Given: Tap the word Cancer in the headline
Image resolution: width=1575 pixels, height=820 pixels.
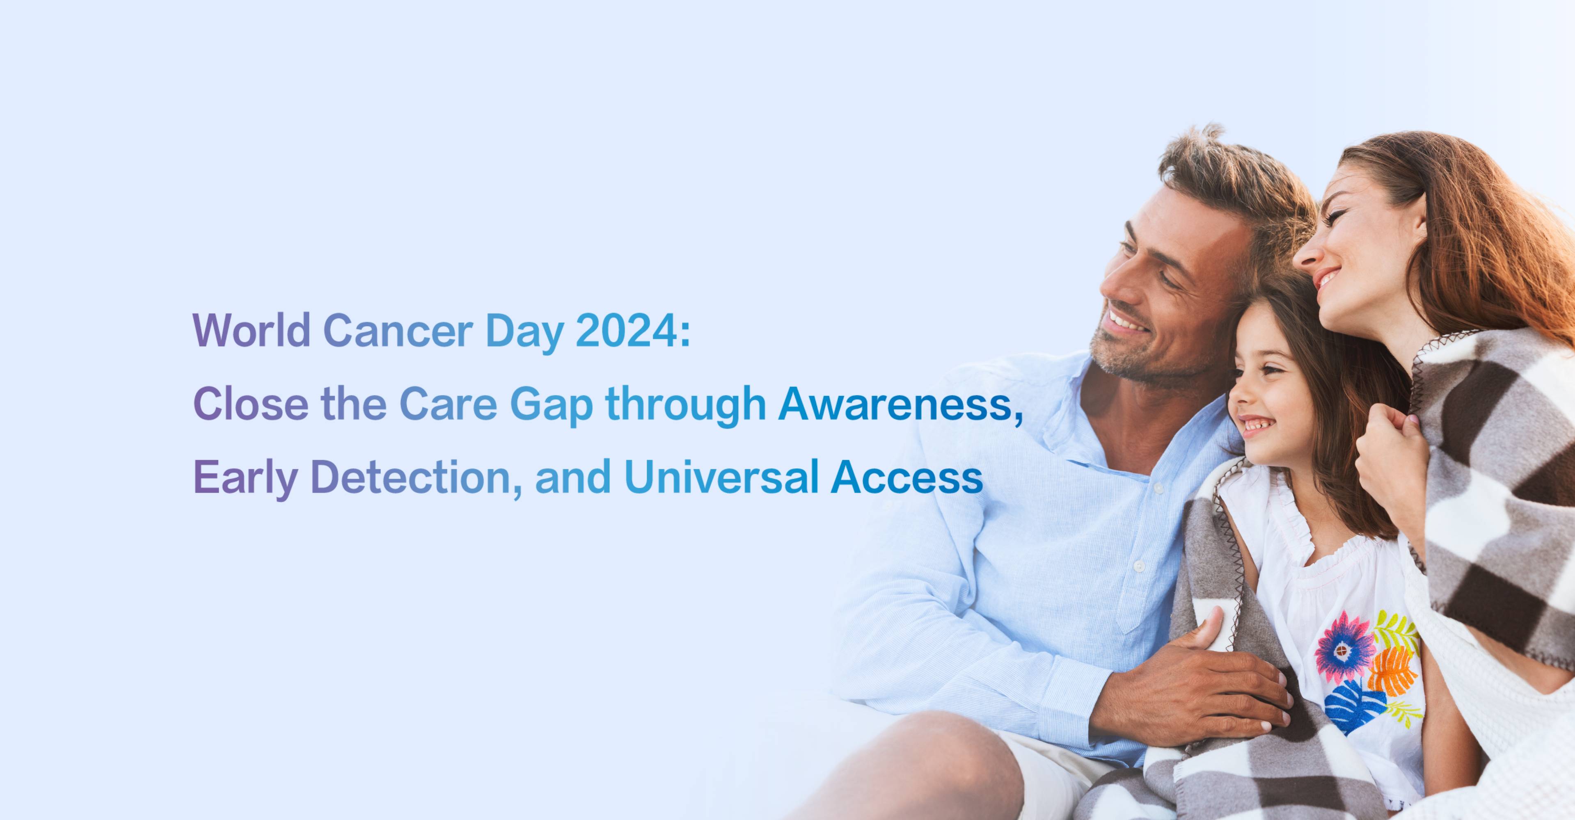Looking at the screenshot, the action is coord(397,331).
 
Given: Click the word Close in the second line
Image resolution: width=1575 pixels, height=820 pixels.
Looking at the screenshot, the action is coord(251,404).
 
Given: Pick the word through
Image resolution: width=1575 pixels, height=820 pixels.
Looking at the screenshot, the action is coord(686,407).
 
